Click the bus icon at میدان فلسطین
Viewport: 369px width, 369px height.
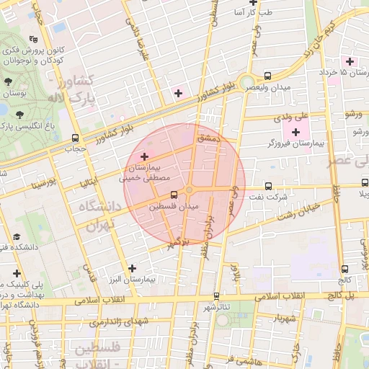(174, 195)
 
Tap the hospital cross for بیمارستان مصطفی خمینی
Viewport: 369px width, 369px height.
(144, 156)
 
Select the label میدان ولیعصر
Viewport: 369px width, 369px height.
(270, 88)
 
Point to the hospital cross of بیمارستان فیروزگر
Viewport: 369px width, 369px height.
(295, 132)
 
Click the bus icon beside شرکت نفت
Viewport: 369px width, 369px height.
(269, 185)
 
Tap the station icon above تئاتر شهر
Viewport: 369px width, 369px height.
(216, 295)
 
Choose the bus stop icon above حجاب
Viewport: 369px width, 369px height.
(76, 138)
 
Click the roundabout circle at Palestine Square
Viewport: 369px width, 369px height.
(190, 190)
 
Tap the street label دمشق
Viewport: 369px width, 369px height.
(206, 137)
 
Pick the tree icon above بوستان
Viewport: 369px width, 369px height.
(8, 82)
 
